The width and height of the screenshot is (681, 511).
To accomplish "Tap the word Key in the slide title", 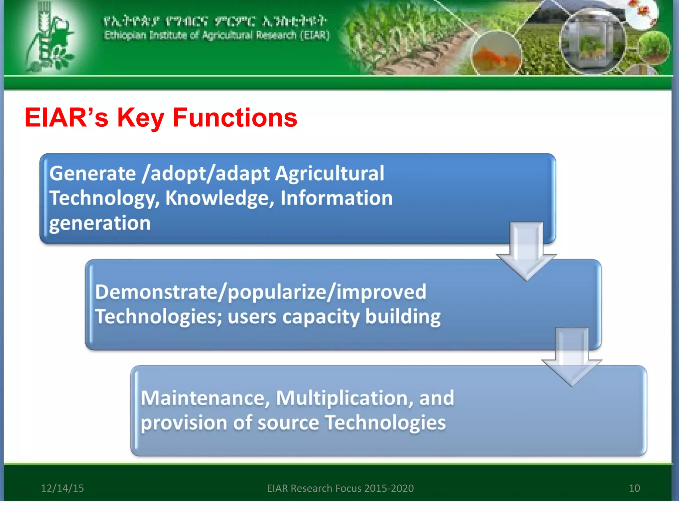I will [140, 118].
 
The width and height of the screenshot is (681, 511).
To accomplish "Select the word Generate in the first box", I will [92, 173].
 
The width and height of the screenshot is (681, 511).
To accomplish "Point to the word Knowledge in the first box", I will [219, 198].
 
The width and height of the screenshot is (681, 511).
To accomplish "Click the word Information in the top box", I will [336, 198].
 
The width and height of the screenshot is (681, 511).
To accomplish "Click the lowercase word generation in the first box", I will [100, 223].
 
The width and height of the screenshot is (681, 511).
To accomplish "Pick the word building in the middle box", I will [403, 316].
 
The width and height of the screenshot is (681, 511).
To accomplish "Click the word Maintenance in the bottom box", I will [205, 398].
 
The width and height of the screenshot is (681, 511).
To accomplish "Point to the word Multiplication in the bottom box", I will [344, 398].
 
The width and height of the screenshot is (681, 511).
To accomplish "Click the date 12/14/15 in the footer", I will [62, 488].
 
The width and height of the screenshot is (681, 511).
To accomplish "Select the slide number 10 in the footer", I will [634, 488].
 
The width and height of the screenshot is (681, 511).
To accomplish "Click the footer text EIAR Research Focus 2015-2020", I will [340, 488].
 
